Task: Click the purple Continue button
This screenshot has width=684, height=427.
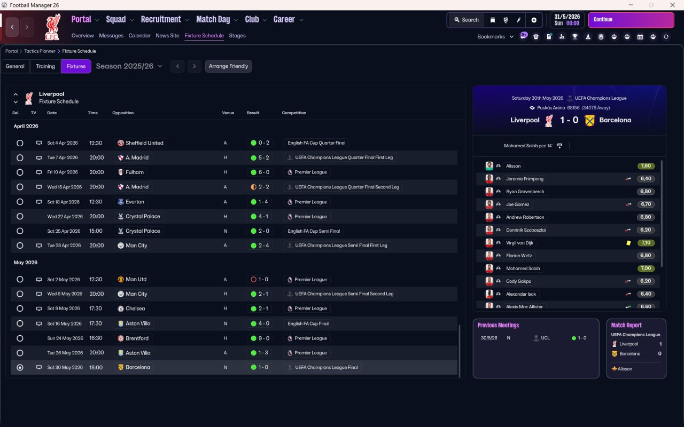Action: coord(631,20)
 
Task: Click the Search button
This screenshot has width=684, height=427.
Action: coord(466,20)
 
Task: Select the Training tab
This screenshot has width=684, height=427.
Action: coord(45,66)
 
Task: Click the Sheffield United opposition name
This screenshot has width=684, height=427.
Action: coord(144,143)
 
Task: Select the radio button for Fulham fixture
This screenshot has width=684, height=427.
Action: coord(20,172)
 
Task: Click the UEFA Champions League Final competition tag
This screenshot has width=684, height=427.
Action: coord(327,368)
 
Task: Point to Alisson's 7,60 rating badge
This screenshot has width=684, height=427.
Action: coord(646,166)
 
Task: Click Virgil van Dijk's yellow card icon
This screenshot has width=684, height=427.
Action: coord(629,243)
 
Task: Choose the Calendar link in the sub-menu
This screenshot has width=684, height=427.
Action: coord(139,36)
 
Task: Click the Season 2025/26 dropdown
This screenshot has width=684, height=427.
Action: coord(129,66)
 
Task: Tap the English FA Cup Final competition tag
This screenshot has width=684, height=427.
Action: coord(308,323)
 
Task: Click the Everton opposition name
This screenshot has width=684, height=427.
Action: coord(135,202)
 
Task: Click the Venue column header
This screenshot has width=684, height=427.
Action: coord(228,113)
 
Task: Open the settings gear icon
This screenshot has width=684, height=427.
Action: coord(533,20)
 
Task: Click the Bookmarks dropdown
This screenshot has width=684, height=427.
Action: coord(495,37)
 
